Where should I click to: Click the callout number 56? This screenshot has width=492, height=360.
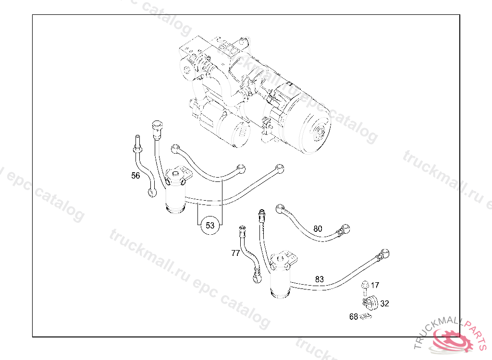click(135, 176)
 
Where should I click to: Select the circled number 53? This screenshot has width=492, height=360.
click(210, 225)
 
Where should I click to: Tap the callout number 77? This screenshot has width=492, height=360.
click(235, 253)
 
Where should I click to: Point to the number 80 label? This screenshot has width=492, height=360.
click(318, 229)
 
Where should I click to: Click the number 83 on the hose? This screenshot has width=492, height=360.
click(320, 279)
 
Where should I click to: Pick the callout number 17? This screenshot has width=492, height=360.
click(375, 285)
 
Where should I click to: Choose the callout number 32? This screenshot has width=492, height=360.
click(384, 303)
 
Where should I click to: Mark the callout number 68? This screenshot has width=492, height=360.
click(354, 317)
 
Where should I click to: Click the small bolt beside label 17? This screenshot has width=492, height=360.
click(365, 286)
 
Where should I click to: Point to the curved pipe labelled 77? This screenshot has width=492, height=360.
click(250, 254)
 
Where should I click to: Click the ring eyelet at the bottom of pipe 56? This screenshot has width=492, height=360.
click(152, 192)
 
